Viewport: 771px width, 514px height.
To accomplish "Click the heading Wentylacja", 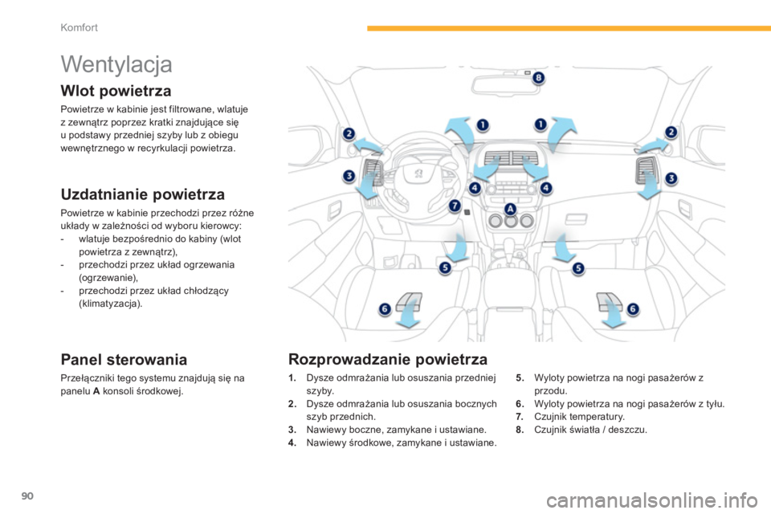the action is pyautogui.click(x=116, y=65).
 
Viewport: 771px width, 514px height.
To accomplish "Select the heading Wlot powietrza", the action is pyautogui.click(x=116, y=91).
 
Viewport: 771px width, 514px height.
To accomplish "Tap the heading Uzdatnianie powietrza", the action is pyautogui.click(x=143, y=194).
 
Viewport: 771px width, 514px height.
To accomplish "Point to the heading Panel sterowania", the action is pyautogui.click(x=124, y=360).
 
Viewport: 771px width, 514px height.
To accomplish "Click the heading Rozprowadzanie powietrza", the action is pyautogui.click(x=388, y=359).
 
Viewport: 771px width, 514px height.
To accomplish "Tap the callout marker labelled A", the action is pyautogui.click(x=511, y=209).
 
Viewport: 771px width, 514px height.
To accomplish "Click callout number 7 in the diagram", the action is pyautogui.click(x=455, y=206).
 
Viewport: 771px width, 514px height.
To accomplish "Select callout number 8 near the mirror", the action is pyautogui.click(x=538, y=78).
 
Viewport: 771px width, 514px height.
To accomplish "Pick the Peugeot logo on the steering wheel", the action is pyautogui.click(x=418, y=173).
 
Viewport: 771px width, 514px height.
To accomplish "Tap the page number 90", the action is pyautogui.click(x=27, y=496).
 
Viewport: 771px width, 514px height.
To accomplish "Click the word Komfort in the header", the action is pyautogui.click(x=80, y=27).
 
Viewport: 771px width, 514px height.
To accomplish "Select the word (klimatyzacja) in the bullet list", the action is pyautogui.click(x=111, y=304).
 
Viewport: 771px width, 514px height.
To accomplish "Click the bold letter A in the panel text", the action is pyautogui.click(x=96, y=392).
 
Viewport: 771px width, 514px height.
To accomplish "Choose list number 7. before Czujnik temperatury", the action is pyautogui.click(x=520, y=417).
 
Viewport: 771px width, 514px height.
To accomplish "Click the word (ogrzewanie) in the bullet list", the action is pyautogui.click(x=108, y=277).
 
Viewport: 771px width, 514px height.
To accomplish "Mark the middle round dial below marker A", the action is pyautogui.click(x=511, y=222).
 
